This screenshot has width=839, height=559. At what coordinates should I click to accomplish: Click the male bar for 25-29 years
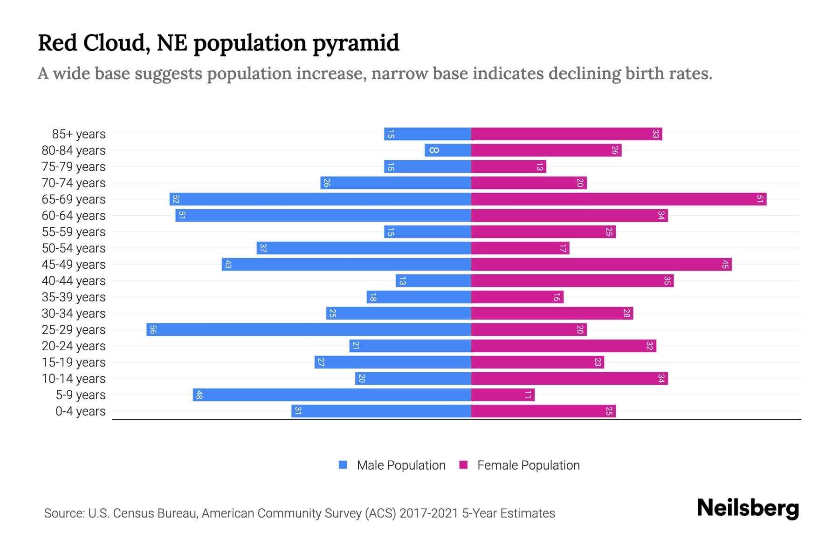coord(309,330)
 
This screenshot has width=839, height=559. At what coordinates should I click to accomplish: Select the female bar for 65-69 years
coord(619,199)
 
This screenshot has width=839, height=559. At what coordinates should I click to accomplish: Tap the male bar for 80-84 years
coord(447,150)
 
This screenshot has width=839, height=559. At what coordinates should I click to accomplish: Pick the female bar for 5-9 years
coord(502,395)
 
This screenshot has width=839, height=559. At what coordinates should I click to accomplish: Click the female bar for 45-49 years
coord(601,265)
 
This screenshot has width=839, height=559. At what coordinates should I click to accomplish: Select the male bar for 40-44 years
coord(433,281)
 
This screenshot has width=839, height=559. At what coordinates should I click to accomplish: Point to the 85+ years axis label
coord(79,134)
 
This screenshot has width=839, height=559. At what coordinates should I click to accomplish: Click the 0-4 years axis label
coord(80,411)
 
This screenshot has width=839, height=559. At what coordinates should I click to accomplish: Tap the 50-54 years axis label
coord(74,248)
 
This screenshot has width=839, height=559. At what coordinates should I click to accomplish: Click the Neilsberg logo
coord(748,508)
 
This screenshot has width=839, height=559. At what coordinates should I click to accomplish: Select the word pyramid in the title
coord(356,43)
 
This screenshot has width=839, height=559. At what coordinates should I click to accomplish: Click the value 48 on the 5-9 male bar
coord(199,395)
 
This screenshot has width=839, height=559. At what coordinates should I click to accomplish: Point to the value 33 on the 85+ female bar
coord(655,134)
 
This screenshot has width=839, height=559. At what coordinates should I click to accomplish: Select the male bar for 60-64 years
coord(323,216)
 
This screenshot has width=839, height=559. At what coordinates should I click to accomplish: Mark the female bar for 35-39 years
coord(517,297)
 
